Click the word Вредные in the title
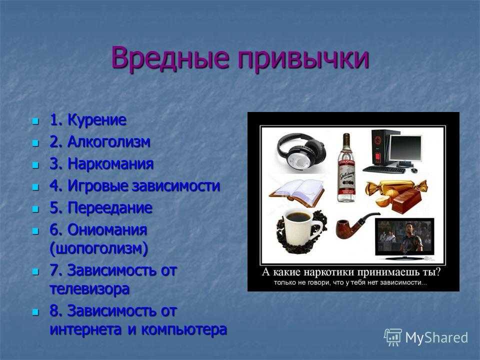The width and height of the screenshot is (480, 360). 170,57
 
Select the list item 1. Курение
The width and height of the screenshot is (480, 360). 87,119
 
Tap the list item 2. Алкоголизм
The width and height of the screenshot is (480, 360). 100,141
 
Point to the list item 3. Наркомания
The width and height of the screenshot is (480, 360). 101,164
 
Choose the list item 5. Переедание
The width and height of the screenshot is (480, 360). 100,208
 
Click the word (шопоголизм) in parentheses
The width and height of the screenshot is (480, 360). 98,248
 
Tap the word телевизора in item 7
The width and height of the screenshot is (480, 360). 89,289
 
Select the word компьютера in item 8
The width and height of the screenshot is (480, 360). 184,329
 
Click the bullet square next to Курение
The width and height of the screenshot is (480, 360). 36,121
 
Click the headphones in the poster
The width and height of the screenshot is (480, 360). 301,150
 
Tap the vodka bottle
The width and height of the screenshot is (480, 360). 346,168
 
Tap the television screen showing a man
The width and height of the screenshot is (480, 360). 404,236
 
